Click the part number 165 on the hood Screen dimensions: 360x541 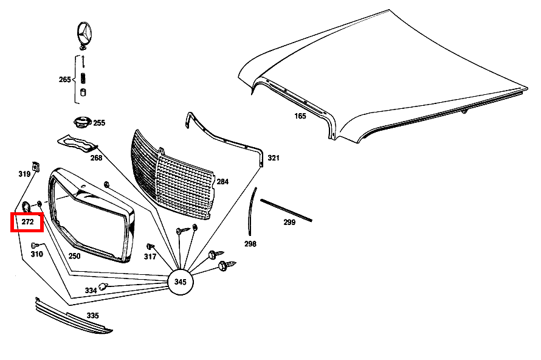point(300,116)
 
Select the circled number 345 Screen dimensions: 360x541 point(180,282)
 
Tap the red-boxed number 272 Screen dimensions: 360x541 point(27,223)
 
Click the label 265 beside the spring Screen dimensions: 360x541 point(65,80)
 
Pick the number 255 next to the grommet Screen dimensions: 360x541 point(98,123)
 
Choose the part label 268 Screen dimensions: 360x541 point(97,158)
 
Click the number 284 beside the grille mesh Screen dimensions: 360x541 point(222,181)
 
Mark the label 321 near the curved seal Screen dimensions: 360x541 point(274,158)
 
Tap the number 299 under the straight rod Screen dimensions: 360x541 point(289,223)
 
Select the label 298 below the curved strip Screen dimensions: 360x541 point(250,244)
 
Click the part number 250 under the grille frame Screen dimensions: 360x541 point(74,256)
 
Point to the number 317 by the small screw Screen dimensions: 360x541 point(150,256)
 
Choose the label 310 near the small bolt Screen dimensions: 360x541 point(36,254)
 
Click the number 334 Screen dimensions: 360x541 point(91,291)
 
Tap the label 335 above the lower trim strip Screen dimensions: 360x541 point(92,316)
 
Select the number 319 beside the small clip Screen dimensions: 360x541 point(24,174)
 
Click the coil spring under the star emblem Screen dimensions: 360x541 point(84,78)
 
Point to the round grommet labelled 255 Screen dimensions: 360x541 point(81,122)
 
